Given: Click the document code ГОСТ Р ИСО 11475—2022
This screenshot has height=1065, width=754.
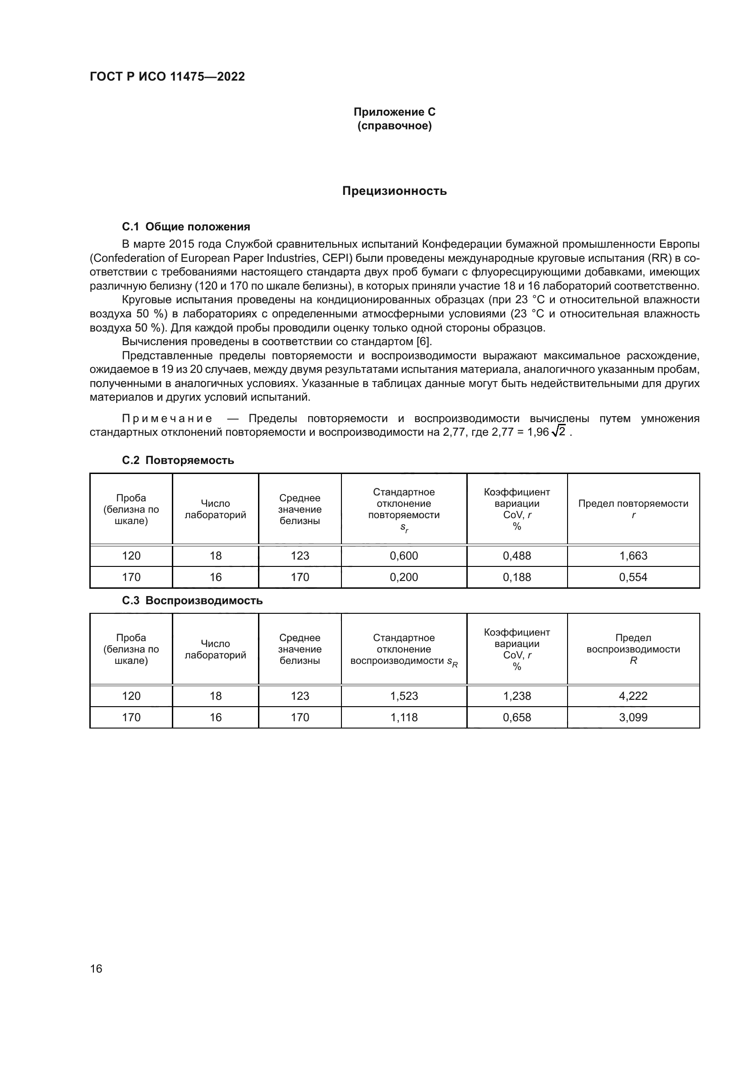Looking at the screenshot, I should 167,76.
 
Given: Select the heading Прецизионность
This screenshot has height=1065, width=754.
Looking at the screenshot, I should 394,191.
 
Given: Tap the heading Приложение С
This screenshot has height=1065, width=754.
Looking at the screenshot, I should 394,112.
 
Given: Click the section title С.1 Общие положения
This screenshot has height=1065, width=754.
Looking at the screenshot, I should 186,227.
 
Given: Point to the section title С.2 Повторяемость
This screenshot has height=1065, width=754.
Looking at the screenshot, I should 178,460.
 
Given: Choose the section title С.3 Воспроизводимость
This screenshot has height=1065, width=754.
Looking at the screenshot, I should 192,601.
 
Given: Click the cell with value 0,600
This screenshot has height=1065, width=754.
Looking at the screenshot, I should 403,555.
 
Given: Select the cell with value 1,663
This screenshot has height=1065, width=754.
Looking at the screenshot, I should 633,555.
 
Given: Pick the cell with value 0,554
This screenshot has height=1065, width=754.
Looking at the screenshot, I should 633,577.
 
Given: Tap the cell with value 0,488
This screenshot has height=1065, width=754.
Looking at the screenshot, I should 517,555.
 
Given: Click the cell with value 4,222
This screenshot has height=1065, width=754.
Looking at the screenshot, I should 633,696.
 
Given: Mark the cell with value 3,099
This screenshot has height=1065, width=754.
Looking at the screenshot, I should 633,717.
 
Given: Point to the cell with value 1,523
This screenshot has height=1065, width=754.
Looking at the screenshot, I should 403,696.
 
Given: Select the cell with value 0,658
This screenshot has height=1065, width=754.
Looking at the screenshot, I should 517,717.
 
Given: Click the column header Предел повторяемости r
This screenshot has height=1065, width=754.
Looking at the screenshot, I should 633,509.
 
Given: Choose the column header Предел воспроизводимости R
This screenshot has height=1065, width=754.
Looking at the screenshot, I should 633,649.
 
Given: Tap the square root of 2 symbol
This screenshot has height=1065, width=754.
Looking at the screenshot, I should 558,432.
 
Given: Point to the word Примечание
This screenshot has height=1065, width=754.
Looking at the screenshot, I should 167,418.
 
